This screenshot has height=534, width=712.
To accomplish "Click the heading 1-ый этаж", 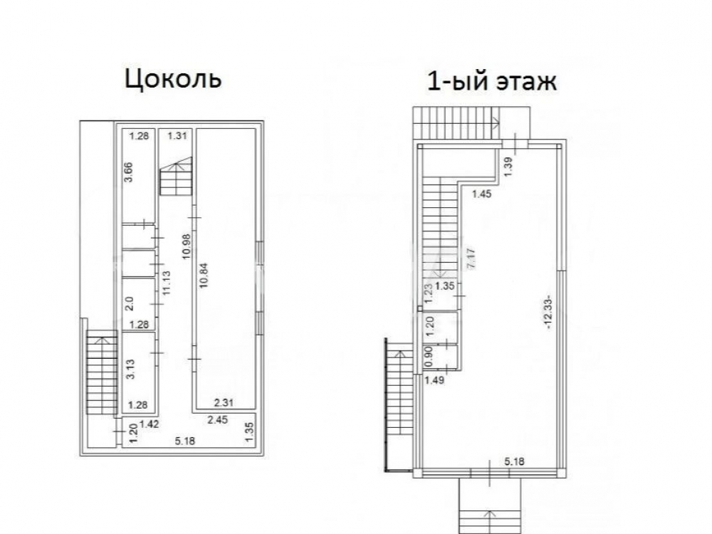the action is (x=492, y=82).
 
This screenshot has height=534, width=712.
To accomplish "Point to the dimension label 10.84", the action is (x=203, y=275).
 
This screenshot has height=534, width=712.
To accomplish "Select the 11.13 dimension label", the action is (x=167, y=283).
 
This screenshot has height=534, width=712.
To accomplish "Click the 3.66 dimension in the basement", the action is (x=130, y=172).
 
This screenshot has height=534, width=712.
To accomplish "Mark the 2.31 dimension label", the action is (x=224, y=402).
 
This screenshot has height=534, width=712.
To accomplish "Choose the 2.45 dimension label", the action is (x=217, y=419).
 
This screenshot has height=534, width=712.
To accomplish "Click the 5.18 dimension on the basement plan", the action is (x=184, y=441).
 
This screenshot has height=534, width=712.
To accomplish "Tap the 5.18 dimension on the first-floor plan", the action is (x=515, y=462).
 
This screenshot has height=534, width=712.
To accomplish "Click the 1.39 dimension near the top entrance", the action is (x=508, y=167).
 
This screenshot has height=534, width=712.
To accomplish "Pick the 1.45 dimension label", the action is (x=481, y=194).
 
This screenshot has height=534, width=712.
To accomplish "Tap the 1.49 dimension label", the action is (x=434, y=380).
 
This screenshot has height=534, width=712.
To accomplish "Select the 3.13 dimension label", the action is (x=130, y=369).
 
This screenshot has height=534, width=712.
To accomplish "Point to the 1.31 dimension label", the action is (x=177, y=135).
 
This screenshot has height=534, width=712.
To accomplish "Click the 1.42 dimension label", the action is (x=149, y=424).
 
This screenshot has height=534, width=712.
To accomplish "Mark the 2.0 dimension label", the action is (x=129, y=303).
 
